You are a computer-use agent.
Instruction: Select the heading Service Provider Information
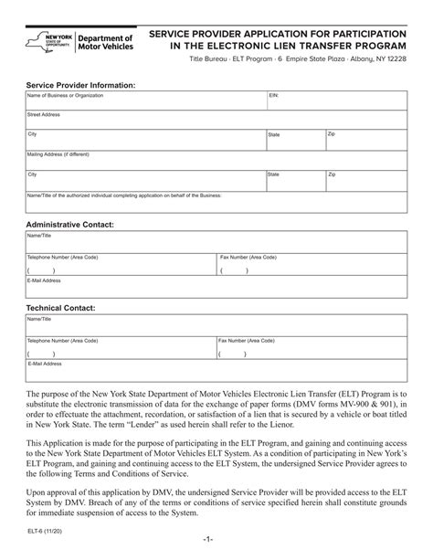click(x=80, y=83)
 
